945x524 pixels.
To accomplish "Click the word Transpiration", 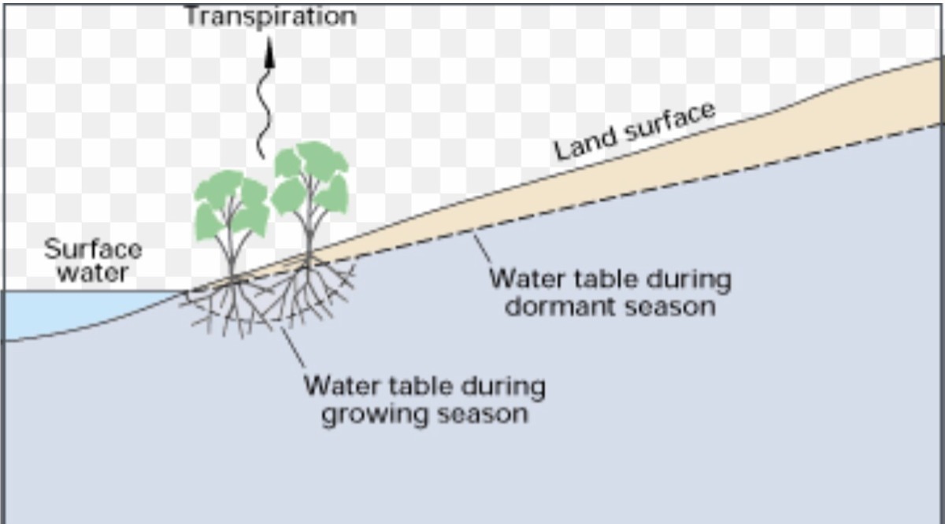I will tap(270, 16).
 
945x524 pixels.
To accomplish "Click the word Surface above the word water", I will tap(93, 250).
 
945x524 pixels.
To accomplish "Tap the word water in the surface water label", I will tap(93, 274).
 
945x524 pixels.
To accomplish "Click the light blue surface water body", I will tap(71, 311).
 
